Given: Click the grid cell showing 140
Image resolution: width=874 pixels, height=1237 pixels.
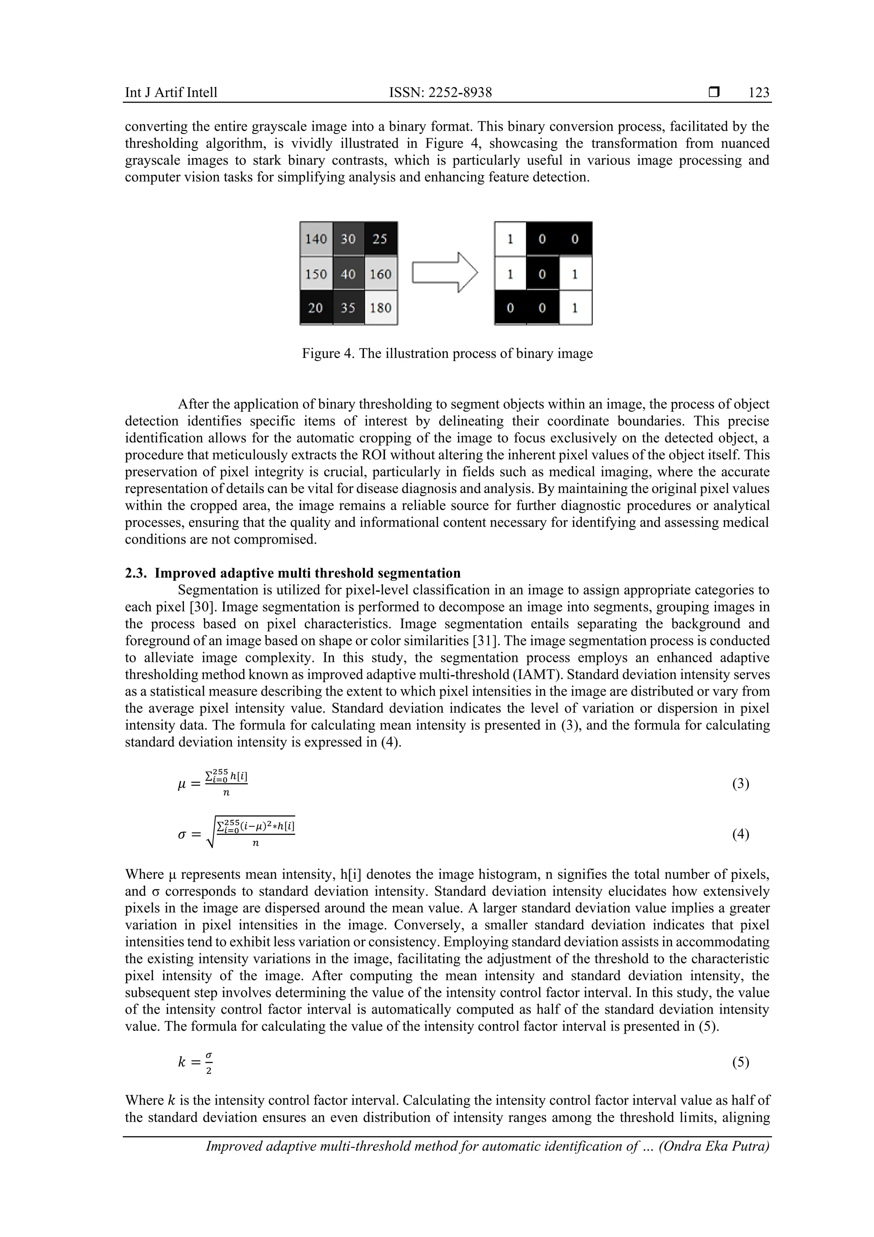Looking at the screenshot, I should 316,239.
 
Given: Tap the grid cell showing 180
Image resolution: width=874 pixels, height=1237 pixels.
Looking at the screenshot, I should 381,307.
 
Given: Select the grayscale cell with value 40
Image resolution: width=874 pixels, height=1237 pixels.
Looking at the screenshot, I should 348,274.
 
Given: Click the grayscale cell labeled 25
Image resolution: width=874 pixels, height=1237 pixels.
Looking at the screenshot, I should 381,239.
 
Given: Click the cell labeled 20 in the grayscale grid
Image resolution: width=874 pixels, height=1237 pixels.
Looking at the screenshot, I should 316,307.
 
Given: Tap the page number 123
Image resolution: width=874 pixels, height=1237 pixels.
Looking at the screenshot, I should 759,93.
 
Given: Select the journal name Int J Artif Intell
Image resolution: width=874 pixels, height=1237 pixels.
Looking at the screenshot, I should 171,93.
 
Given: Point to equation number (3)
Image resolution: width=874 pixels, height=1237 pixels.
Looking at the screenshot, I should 740,784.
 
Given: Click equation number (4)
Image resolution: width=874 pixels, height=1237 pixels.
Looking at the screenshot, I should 740,834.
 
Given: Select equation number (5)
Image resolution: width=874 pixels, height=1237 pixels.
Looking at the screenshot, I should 740,1062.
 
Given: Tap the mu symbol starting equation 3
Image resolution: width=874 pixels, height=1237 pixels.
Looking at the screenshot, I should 181,785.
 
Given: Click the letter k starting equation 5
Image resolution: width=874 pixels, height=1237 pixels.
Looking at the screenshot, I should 181,1062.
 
